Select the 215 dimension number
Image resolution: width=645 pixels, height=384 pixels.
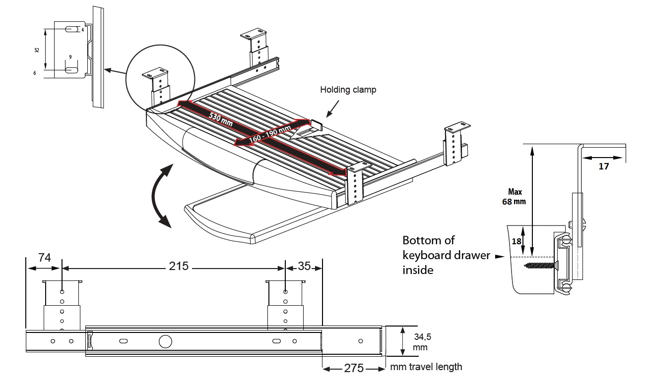179,266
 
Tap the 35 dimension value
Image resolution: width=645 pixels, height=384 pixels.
305,266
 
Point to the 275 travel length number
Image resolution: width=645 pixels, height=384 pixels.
354,369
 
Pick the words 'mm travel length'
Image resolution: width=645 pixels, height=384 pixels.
426,367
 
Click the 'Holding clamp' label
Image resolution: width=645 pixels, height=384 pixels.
348,90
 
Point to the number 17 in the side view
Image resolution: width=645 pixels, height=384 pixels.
603,166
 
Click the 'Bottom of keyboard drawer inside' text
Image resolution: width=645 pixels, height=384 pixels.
429,255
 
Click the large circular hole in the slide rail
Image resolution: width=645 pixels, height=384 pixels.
165,341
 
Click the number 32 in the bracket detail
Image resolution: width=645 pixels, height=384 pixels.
37,50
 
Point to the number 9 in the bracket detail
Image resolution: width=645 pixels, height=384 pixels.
70,57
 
